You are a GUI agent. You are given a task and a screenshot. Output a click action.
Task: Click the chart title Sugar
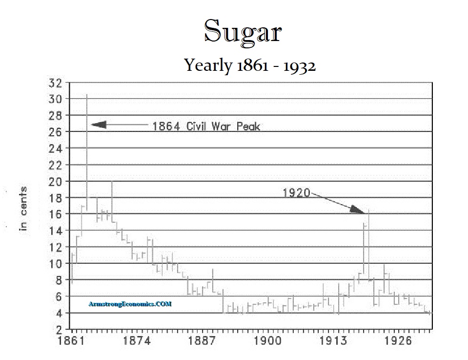pos(242,32)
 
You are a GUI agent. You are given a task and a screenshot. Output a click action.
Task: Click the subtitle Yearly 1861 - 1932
pos(250,65)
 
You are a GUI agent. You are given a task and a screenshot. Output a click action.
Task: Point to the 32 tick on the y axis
pos(56,83)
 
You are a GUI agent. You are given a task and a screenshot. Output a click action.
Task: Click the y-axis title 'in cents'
pos(22,209)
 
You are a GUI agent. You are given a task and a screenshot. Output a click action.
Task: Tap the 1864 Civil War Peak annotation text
pos(206,127)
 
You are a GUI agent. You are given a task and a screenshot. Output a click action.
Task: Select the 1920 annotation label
pos(297,193)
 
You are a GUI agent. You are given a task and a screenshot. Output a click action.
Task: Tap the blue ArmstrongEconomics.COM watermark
pos(130,304)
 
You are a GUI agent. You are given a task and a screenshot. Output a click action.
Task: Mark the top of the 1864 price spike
pos(87,95)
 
